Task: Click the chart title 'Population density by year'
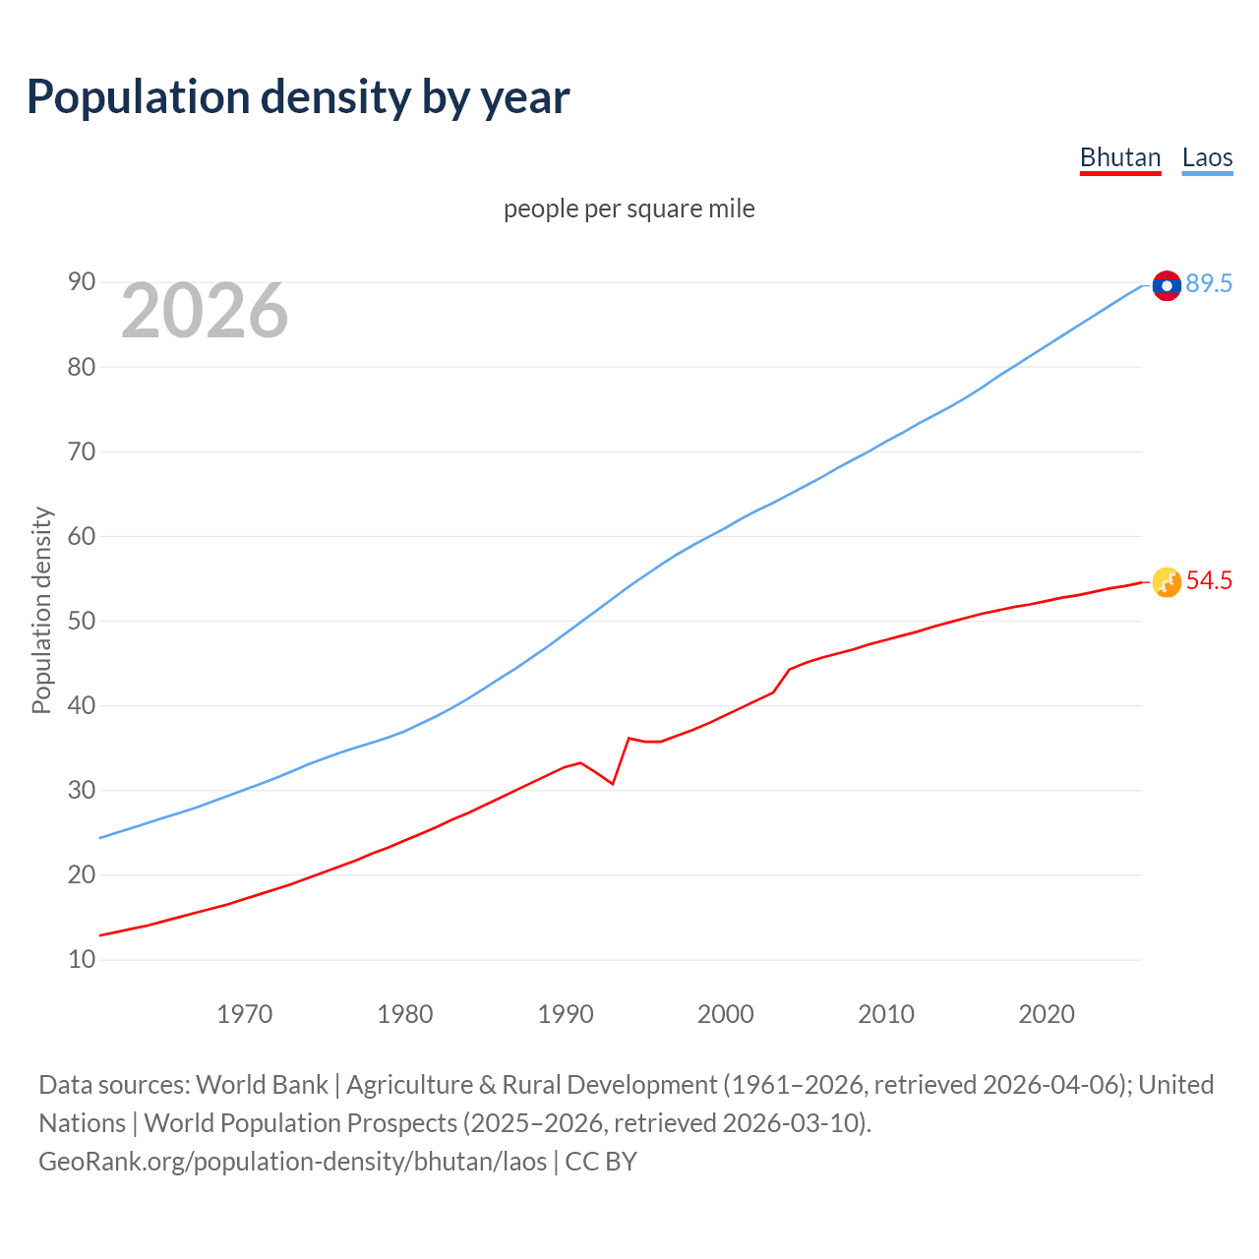click(x=298, y=96)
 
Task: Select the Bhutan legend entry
click(x=1120, y=157)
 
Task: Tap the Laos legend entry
click(x=1207, y=157)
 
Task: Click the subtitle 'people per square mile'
click(x=629, y=209)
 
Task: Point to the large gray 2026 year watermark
click(x=205, y=311)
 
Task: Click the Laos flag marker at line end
click(x=1166, y=285)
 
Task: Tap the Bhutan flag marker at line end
click(x=1166, y=582)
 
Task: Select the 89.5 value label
click(x=1209, y=284)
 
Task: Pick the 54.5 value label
click(x=1209, y=581)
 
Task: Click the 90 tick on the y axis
click(x=82, y=282)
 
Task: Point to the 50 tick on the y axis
click(x=82, y=621)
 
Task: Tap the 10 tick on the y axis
click(x=82, y=959)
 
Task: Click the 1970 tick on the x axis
click(x=244, y=1014)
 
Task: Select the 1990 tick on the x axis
click(x=566, y=1014)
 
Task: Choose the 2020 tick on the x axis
click(x=1047, y=1014)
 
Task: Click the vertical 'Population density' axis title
click(x=41, y=610)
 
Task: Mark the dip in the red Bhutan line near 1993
click(x=612, y=783)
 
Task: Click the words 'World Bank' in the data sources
click(x=262, y=1085)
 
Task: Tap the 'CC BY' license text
click(x=601, y=1162)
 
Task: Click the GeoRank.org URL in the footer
click(x=292, y=1162)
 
